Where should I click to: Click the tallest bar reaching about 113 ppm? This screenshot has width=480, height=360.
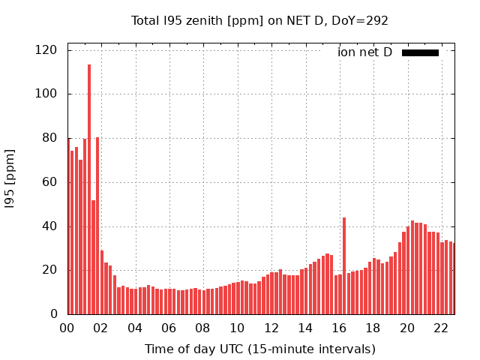coord(89,187)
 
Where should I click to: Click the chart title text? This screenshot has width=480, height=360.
coord(259,21)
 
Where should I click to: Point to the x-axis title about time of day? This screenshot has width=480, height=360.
coord(259,349)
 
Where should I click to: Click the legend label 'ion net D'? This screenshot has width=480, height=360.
coord(365,52)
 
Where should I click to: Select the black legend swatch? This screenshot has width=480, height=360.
coord(420,52)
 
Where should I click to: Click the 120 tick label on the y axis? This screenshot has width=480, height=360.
coord(47,50)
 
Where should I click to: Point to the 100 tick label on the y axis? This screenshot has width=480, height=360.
coord(47,94)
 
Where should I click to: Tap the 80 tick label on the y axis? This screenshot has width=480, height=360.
coord(50,138)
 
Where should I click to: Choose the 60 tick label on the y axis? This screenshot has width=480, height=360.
coord(50,182)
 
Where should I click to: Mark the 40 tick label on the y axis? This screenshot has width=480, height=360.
coord(50,226)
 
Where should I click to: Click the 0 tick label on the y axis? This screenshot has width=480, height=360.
coord(54,314)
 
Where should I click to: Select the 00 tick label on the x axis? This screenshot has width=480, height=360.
coord(67,328)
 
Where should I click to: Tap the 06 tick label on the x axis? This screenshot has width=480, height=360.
coord(169,328)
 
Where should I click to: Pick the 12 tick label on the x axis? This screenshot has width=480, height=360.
coord(271,328)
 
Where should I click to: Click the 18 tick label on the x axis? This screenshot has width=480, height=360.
coord(373,328)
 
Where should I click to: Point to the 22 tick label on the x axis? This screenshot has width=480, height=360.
coord(442,328)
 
